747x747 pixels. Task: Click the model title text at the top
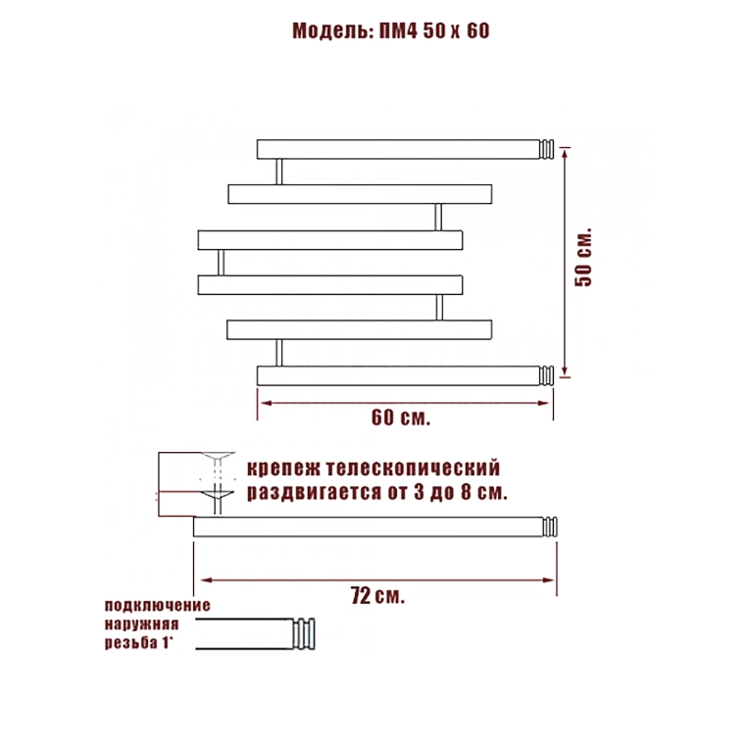click(x=390, y=31)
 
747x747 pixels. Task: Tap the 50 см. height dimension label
click(x=583, y=257)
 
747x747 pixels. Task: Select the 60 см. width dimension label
click(x=401, y=418)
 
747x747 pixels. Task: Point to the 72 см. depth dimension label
click(x=377, y=595)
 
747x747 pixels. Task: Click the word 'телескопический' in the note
click(x=414, y=469)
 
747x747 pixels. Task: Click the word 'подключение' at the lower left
click(x=157, y=606)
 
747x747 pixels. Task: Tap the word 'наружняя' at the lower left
click(x=141, y=624)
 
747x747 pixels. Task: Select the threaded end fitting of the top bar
click(x=547, y=149)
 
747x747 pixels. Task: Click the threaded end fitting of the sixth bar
click(x=547, y=375)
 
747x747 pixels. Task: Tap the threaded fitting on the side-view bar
click(x=550, y=526)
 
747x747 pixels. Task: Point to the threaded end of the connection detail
click(x=304, y=634)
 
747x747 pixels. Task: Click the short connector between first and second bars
click(x=279, y=172)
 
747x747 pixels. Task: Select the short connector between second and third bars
click(x=438, y=218)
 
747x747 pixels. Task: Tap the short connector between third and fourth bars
click(x=221, y=263)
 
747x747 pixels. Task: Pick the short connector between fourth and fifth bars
click(x=439, y=307)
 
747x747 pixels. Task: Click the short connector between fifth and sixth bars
click(x=279, y=353)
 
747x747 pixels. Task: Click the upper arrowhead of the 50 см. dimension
click(x=565, y=153)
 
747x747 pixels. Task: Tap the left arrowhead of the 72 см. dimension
click(x=206, y=580)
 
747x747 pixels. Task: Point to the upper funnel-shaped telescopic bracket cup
click(x=218, y=457)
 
